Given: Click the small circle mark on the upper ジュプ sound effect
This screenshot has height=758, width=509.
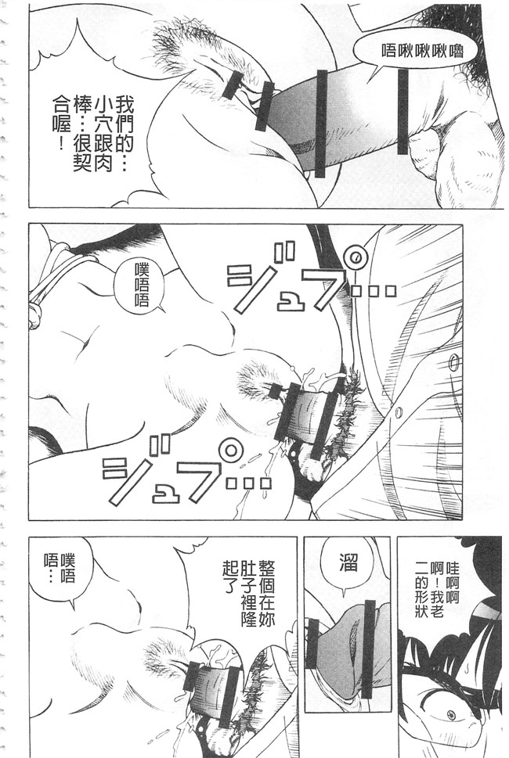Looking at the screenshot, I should [356, 256].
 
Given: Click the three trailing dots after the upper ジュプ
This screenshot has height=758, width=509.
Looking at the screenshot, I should [371, 290].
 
